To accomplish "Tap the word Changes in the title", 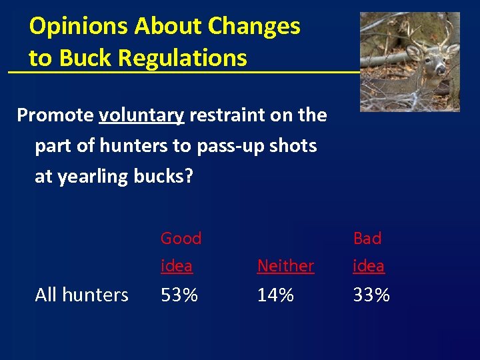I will click(x=254, y=27).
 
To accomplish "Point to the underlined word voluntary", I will click(x=141, y=115).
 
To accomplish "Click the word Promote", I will click(x=55, y=115).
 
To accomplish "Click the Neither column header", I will click(x=285, y=266).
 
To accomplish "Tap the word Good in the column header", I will click(x=181, y=238).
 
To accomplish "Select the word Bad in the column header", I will click(x=367, y=238).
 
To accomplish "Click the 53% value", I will click(x=179, y=295).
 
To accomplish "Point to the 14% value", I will click(x=275, y=295).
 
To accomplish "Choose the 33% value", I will click(x=371, y=295).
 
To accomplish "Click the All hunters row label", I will click(x=81, y=295).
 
